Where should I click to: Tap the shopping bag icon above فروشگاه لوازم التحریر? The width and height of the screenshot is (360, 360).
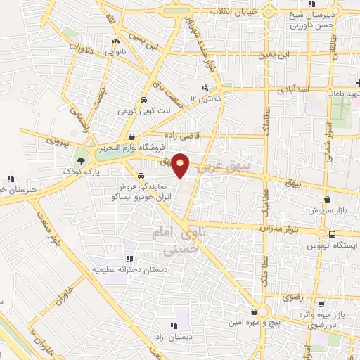point(131,136)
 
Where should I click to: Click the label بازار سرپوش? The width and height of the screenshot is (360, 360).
point(337,231)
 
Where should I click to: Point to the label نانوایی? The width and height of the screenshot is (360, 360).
point(116,52)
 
